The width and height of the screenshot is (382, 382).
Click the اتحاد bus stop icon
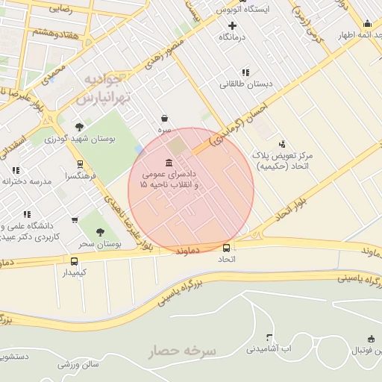click(x=227, y=248)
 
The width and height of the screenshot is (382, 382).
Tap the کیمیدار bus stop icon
click(x=74, y=261)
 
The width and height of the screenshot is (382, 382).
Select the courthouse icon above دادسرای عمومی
click(x=170, y=163)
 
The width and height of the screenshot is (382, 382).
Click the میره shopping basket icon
click(x=164, y=118)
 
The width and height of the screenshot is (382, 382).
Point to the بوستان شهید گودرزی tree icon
click(x=80, y=126)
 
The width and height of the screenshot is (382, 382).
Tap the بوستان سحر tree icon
click(x=100, y=232)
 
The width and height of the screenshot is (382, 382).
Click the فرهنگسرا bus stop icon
click(x=80, y=164)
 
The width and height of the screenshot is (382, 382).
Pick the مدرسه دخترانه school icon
click(x=15, y=170)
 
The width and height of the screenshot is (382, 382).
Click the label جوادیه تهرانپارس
click(x=104, y=88)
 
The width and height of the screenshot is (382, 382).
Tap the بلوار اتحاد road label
click(x=281, y=211)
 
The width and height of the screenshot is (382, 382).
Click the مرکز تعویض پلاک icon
click(x=281, y=144)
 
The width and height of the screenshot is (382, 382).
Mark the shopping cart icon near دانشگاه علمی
click(x=74, y=219)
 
